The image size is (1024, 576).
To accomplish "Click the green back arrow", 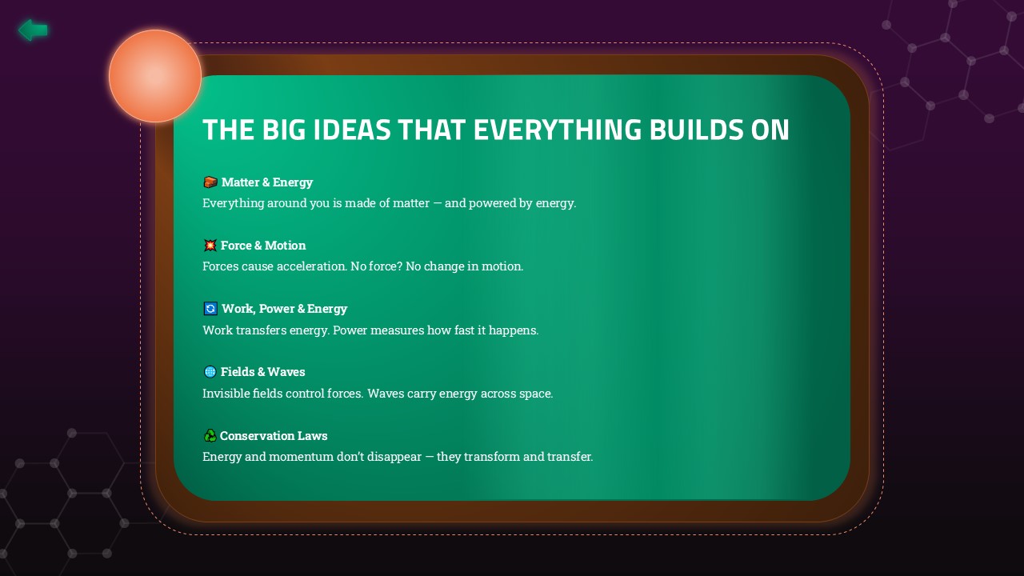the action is point(33,30).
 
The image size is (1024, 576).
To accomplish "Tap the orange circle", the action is point(155,76).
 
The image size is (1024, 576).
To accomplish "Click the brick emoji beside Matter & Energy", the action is point(210,182).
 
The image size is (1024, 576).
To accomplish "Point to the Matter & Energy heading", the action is point(267,182).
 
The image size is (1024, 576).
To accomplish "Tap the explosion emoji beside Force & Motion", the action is point(210,245).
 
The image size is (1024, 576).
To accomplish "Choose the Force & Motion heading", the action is point(263,246).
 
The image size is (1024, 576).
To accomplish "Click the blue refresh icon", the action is point(210,309).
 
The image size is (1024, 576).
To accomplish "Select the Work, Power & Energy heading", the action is point(284,309).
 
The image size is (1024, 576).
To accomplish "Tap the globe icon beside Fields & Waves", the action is point(210,372).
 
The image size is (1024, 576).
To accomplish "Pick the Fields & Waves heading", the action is point(263,372).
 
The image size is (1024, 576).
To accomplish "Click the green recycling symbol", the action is point(210,435).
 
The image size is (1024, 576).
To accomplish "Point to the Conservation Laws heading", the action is point(274,436).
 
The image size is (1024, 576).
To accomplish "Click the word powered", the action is point(492,203).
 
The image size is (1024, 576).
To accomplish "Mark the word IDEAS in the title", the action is point(352,130).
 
